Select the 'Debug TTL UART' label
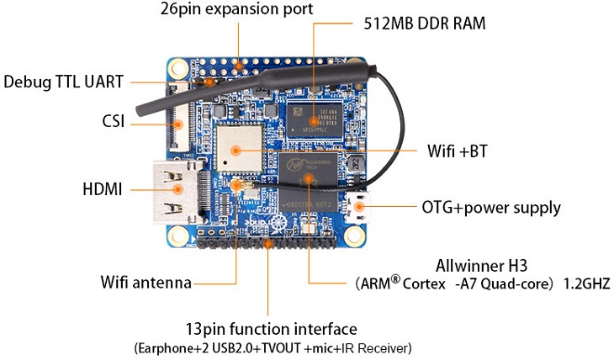coord(64,82)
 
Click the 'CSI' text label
coord(113,122)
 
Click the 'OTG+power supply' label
coord(491,207)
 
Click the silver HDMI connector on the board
coord(173,190)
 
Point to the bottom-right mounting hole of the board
coord(360,238)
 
